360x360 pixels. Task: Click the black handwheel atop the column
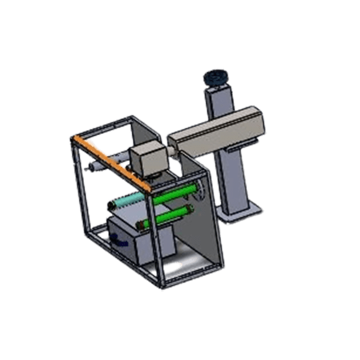(x=214, y=77)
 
